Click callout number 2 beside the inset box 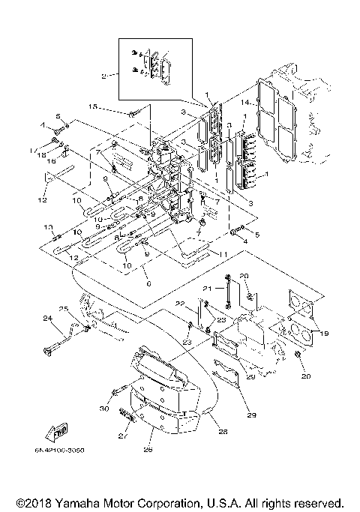104,75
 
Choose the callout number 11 223,255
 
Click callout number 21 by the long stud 207,289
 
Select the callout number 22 179,303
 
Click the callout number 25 64,309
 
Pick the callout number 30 104,409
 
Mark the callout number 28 222,431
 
